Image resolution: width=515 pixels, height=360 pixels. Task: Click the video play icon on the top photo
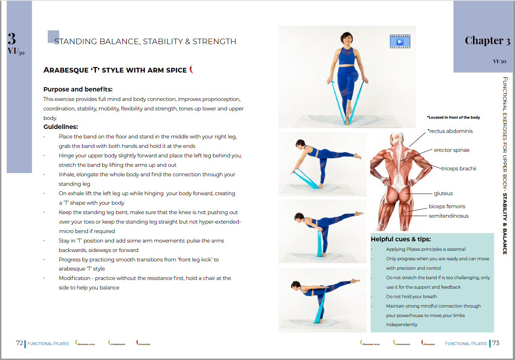400,41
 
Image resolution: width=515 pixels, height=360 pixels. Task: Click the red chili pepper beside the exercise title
191,69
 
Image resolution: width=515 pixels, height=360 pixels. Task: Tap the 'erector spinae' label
451,150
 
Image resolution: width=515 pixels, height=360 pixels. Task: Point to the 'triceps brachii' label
459,168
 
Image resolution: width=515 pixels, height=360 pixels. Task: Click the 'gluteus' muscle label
443,194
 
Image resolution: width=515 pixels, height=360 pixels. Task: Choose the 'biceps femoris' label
447,206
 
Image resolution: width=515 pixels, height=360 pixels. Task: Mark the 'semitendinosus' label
448,216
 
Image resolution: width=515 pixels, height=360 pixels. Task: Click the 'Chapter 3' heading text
487,41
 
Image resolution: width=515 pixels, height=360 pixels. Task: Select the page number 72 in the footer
19,343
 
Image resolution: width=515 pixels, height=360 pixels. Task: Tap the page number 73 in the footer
496,343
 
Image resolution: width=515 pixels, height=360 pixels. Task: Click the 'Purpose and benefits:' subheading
78,89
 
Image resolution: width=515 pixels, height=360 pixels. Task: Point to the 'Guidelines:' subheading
60,127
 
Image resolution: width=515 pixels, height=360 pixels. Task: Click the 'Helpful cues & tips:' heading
401,239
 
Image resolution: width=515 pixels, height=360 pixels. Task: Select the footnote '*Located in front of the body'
453,118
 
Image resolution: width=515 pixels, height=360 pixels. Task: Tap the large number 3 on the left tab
12,39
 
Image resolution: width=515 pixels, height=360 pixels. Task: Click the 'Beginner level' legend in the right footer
370,343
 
